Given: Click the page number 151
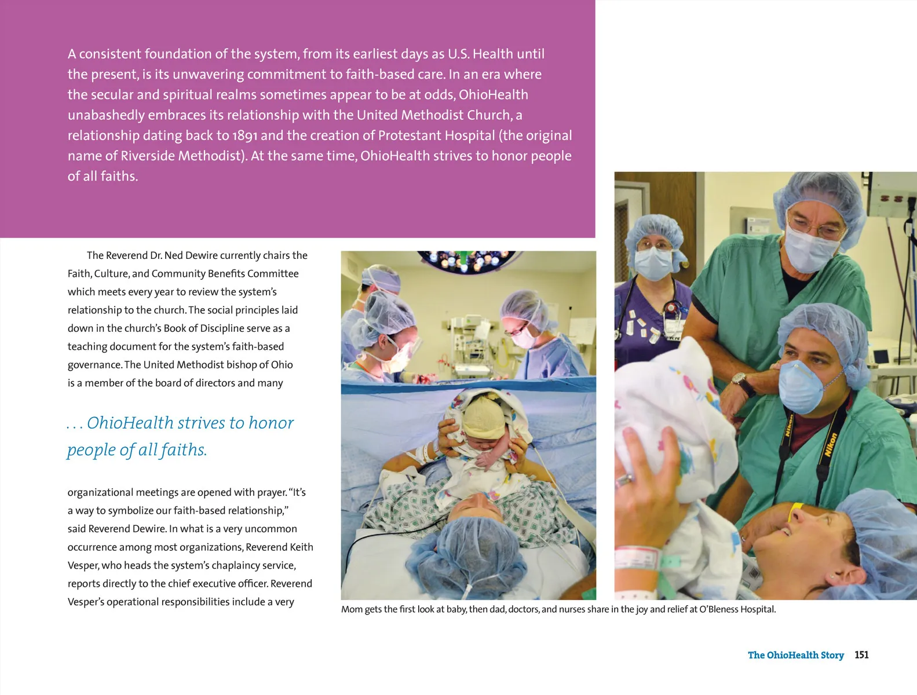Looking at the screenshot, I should [861, 655].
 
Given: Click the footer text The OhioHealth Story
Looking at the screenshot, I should [795, 655].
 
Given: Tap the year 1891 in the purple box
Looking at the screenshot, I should [244, 136].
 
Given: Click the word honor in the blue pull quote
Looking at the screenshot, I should [271, 423].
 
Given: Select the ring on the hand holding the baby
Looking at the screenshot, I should [624, 480].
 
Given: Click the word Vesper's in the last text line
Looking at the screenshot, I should [86, 602].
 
